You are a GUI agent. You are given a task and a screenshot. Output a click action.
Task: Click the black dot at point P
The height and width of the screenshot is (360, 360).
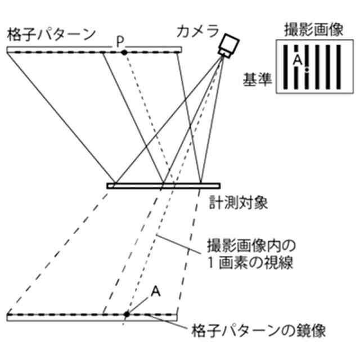coord(124,51)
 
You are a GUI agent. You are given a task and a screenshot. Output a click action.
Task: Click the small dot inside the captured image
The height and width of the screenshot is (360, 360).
coord(307,70)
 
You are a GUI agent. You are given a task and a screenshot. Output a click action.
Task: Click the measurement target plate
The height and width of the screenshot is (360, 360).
coord(163,185)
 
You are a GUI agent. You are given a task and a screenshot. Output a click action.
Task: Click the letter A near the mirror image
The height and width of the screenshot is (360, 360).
coord(157,290)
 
